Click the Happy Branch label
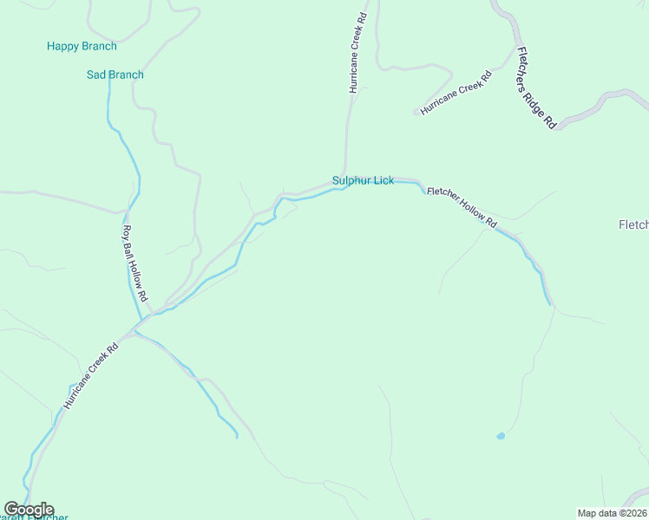coord(82,46)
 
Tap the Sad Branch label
coord(115,75)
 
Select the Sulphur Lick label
coord(363,180)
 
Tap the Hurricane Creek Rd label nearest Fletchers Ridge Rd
coord(456,94)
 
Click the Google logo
coord(28,510)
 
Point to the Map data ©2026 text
coord(613,513)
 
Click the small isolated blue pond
coord(501,436)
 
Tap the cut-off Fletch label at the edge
coord(633,225)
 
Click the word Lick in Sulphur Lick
coord(383,180)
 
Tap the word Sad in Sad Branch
coord(96,75)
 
